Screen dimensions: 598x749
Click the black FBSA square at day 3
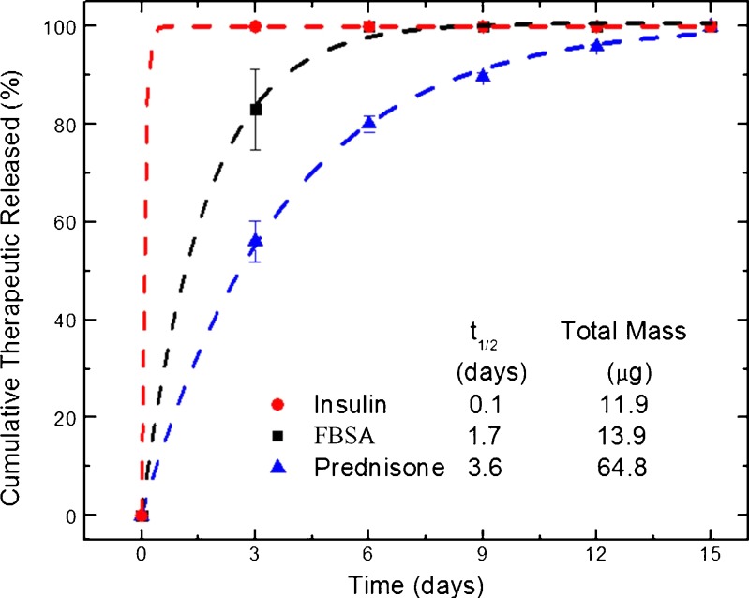(255, 110)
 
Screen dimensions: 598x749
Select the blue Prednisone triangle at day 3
(255, 241)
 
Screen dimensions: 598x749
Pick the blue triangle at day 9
(484, 76)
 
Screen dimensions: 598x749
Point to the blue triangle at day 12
(597, 45)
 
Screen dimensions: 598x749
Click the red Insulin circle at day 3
(255, 26)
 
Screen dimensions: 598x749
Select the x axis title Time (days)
(413, 584)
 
